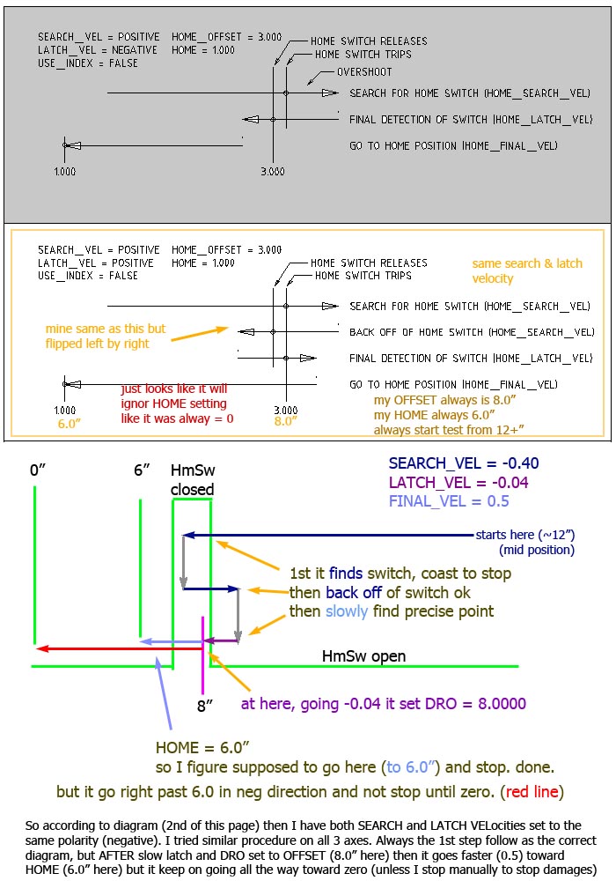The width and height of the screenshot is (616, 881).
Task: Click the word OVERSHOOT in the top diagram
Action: tap(364, 72)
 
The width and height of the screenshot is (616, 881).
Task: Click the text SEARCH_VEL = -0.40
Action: tap(464, 463)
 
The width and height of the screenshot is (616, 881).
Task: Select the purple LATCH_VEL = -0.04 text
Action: tap(458, 483)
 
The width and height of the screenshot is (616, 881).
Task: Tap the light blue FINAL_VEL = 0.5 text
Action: tap(449, 501)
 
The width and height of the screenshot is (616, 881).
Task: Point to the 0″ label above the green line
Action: tap(38, 470)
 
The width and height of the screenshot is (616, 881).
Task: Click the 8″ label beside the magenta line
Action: tap(205, 706)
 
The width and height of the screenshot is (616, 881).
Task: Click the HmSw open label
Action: tap(363, 656)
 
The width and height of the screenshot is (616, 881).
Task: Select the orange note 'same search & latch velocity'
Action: tap(527, 270)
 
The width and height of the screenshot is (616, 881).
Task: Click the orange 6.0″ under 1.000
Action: tap(69, 424)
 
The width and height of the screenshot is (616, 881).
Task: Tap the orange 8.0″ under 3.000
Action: tap(285, 421)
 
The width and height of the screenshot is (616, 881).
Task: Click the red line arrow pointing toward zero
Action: tap(119, 648)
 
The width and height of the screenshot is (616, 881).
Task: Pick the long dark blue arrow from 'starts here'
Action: tap(328, 535)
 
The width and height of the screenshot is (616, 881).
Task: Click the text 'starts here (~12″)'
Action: tap(525, 535)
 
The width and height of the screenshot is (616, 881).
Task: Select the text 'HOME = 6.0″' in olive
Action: tap(202, 748)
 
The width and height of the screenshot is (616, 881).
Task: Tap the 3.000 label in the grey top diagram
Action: tap(273, 172)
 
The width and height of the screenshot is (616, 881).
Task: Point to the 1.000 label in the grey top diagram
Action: tap(64, 172)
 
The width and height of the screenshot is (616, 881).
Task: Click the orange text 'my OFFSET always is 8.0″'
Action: tap(445, 400)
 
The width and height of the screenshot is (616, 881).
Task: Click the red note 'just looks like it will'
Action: tap(174, 389)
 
